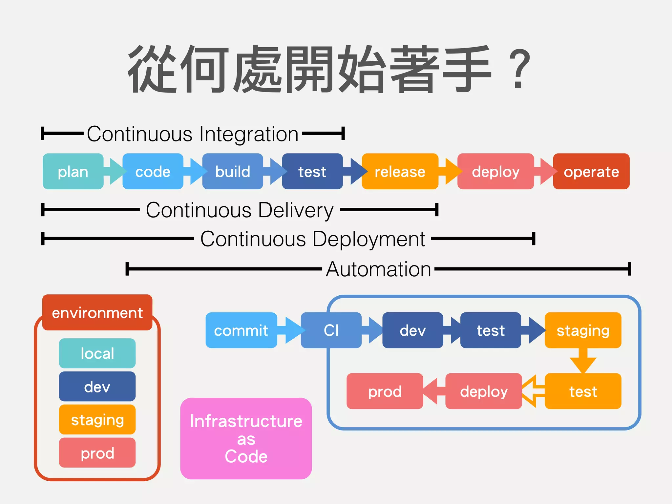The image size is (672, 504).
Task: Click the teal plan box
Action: pos(73,171)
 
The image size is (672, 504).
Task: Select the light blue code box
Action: pos(153,171)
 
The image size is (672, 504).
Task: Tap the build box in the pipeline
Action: pos(232,171)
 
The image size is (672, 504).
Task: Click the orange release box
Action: pos(400,171)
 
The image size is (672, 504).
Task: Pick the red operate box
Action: pos(591,171)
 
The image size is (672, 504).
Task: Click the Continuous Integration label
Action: pos(193,134)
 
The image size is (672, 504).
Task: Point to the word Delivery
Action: pos(296,210)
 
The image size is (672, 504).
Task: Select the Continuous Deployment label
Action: pos(312,239)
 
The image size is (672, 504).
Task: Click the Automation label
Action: pos(378,269)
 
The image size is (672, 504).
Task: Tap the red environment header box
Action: pos(97,312)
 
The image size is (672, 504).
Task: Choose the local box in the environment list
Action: pos(97,353)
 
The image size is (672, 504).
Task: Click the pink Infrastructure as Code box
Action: pos(246,438)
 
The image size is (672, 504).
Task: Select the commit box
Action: pos(241,330)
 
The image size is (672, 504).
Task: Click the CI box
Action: pos(331,330)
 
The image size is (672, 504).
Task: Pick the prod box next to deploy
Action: pos(385,391)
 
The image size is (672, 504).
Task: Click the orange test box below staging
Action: pos(583,391)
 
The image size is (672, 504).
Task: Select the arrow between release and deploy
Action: pos(450,171)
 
